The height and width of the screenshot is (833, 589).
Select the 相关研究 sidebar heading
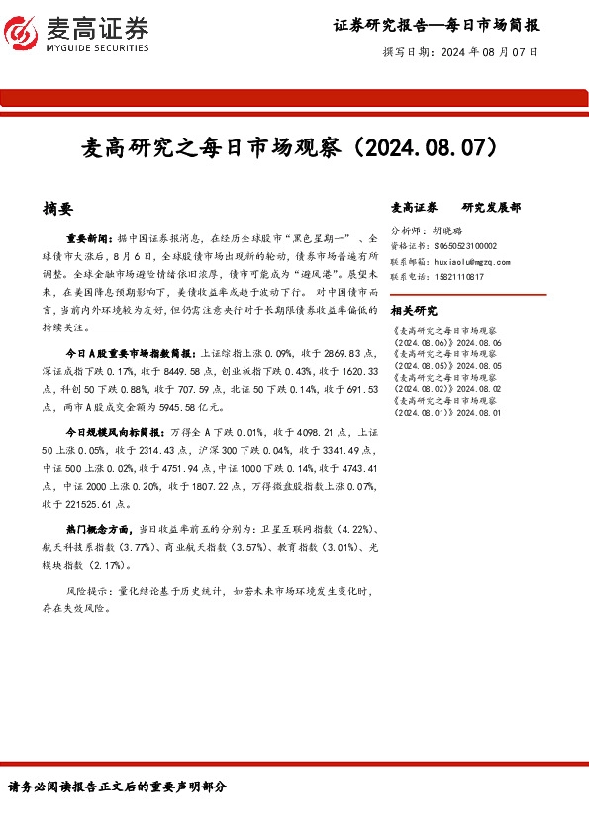tap(413, 309)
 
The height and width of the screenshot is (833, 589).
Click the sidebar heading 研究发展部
tap(491, 208)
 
